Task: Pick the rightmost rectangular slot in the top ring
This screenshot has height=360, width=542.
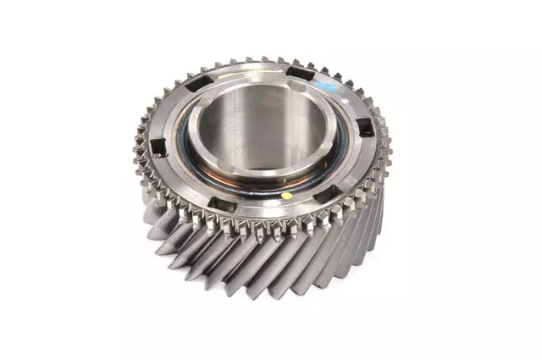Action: click(362, 127)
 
